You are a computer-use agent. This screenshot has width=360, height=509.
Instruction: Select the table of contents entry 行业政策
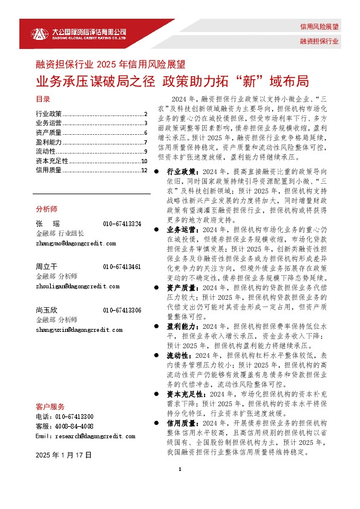tap(49, 114)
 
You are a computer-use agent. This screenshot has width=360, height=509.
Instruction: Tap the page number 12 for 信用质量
tap(144, 170)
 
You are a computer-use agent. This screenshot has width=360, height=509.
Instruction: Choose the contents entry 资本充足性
tap(52, 161)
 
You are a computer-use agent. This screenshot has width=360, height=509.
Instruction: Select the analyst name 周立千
tap(46, 267)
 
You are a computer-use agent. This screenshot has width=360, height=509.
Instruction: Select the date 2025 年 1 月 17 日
tap(64, 454)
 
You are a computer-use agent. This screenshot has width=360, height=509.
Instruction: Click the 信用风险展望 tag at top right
tap(319, 27)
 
